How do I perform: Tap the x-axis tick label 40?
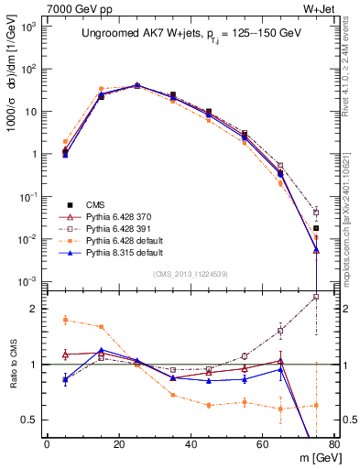(x=191, y=444)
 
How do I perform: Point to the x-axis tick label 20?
(x=118, y=444)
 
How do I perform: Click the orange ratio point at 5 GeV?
(x=65, y=320)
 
